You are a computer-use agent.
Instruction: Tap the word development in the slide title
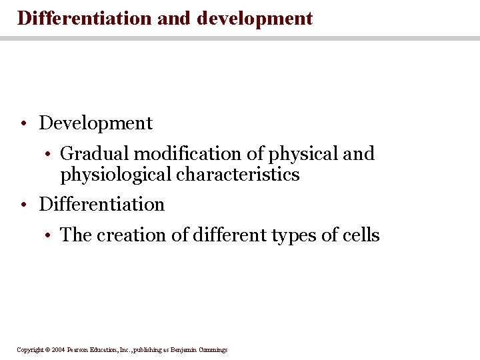[x=255, y=19]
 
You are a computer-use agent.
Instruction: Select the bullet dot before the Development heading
[x=23, y=124]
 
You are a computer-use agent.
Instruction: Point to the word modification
[x=188, y=154]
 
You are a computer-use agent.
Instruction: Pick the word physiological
[x=115, y=175]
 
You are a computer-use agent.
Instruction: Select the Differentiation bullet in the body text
[x=101, y=204]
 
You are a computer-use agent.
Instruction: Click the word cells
[x=360, y=235]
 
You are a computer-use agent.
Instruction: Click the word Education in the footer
[x=108, y=350]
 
